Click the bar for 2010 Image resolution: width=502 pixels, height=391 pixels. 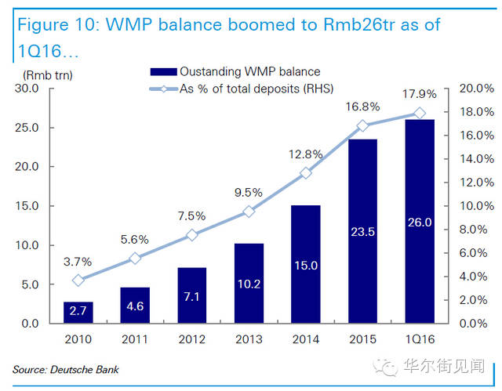[78, 312]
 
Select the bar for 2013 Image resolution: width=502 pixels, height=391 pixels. [249, 283]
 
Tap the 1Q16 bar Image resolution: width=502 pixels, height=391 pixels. [420, 221]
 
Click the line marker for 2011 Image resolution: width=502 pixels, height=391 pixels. [135, 258]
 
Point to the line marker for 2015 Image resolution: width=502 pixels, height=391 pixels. [363, 125]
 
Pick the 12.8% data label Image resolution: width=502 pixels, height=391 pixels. [306, 154]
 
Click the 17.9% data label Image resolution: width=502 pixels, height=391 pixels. [420, 96]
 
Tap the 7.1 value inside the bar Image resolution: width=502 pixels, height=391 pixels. [192, 297]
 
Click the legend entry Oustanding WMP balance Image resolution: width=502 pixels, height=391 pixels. [239, 72]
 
